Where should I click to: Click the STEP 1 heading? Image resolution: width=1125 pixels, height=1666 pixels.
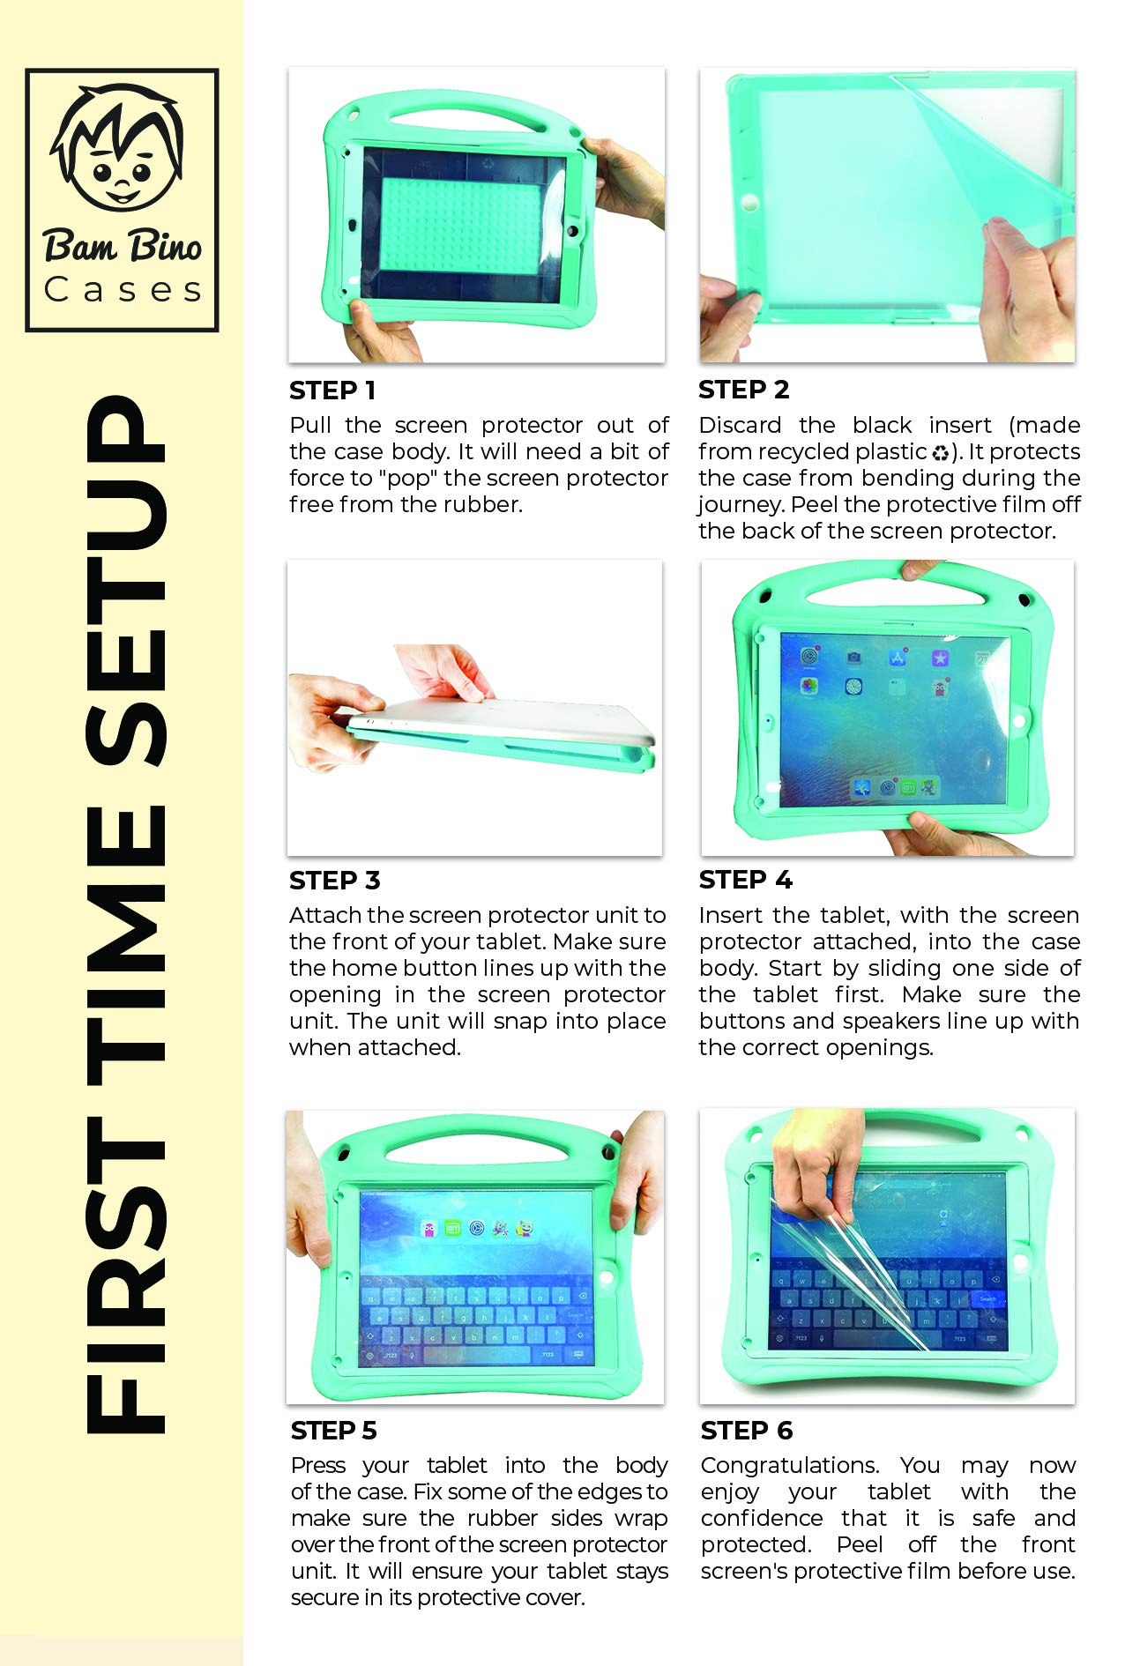pyautogui.click(x=332, y=390)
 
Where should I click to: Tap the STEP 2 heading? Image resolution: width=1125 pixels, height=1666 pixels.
pyautogui.click(x=743, y=390)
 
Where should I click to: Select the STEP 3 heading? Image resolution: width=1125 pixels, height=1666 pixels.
pyautogui.click(x=334, y=881)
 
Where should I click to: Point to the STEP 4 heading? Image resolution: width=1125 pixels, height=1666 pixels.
pyautogui.click(x=745, y=880)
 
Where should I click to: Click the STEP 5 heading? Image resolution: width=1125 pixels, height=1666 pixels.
pyautogui.click(x=333, y=1431)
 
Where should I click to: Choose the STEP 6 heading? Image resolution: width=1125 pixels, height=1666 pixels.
pyautogui.click(x=746, y=1431)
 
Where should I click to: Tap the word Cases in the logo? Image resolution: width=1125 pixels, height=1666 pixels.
pyautogui.click(x=123, y=290)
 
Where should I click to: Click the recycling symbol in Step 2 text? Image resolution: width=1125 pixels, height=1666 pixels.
pyautogui.click(x=941, y=453)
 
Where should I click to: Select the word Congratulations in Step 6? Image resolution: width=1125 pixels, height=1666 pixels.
pyautogui.click(x=789, y=1466)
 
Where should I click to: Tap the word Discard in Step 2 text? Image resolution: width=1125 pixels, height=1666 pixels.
pyautogui.click(x=740, y=426)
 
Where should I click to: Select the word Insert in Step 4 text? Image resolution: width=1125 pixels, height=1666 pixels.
pyautogui.click(x=731, y=916)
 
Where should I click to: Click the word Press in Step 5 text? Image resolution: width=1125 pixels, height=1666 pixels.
pyautogui.click(x=318, y=1466)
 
